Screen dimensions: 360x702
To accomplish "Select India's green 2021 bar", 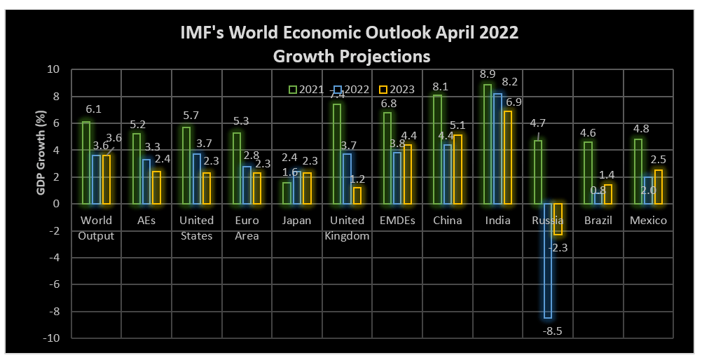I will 488,144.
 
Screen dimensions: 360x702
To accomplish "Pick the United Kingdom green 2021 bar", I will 337,154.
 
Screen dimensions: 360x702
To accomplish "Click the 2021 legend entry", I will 306,90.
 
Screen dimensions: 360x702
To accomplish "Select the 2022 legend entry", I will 350,90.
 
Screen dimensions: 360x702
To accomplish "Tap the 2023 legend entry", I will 395,90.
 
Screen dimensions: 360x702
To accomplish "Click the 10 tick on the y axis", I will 54,69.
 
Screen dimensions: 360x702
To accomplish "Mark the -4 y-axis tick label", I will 55,258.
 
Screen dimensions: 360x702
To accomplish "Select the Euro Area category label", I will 247,228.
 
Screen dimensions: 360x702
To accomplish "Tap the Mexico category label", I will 648,221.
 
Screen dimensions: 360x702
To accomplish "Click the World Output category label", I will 97,228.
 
